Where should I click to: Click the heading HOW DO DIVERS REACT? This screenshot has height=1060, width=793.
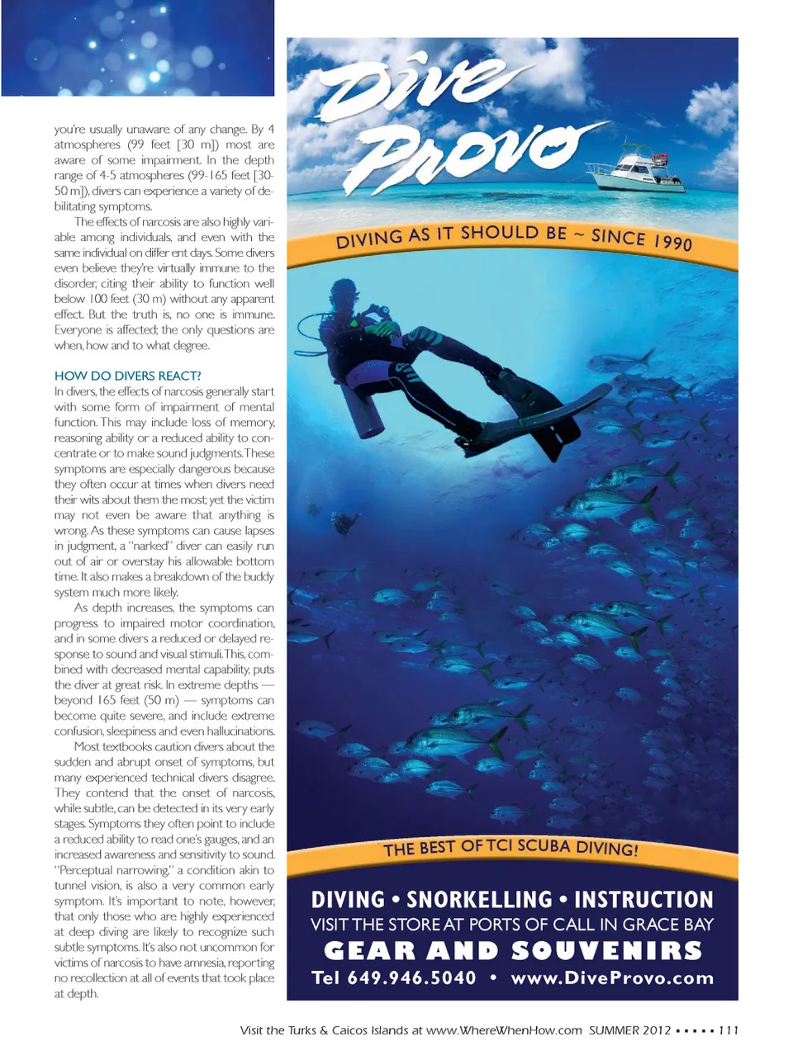[x=128, y=376]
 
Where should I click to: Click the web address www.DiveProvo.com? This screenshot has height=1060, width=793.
[x=611, y=978]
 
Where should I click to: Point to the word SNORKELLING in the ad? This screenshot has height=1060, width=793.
[x=479, y=900]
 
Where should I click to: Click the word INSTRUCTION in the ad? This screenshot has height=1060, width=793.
[x=643, y=900]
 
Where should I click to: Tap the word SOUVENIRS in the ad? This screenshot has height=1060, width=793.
[x=606, y=951]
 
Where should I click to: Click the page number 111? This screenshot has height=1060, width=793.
[x=728, y=1030]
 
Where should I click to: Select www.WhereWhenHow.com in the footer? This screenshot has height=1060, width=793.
[x=504, y=1030]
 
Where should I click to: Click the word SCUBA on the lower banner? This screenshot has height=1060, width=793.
[x=545, y=846]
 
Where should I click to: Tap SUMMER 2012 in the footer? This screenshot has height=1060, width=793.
[x=629, y=1030]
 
